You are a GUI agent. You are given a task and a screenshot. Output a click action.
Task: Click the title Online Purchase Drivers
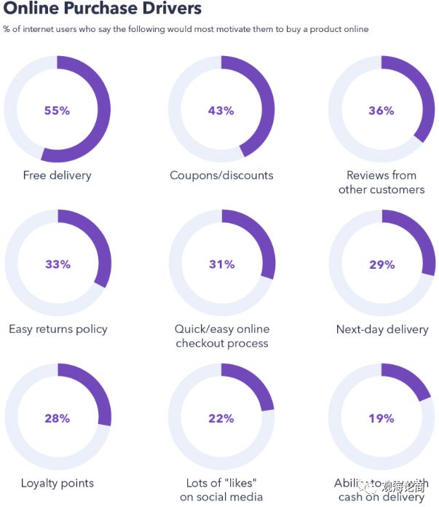click(x=103, y=9)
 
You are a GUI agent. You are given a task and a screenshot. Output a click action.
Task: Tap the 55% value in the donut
click(x=57, y=111)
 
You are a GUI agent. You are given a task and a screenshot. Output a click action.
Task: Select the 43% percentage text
click(x=221, y=111)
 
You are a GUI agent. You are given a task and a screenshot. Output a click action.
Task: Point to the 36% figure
click(x=381, y=111)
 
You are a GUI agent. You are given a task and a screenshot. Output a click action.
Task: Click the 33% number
click(x=58, y=264)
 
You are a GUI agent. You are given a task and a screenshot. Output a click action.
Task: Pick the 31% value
click(x=221, y=264)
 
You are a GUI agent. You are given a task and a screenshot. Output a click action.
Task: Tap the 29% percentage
click(x=381, y=264)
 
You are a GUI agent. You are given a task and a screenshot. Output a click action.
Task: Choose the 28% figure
click(x=57, y=418)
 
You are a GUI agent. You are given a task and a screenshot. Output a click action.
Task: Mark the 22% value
click(x=221, y=418)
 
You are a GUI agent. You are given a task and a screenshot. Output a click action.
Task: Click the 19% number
click(x=381, y=418)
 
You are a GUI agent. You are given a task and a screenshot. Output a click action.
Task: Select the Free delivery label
click(x=58, y=176)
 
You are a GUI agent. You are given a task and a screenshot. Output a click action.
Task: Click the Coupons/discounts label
click(x=221, y=176)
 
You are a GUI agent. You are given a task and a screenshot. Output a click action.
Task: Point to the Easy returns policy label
click(x=58, y=329)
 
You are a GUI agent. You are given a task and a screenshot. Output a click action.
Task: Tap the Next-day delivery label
click(x=382, y=329)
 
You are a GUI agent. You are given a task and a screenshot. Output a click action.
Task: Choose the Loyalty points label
click(x=58, y=483)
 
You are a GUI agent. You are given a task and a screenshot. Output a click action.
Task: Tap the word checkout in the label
click(x=200, y=343)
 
